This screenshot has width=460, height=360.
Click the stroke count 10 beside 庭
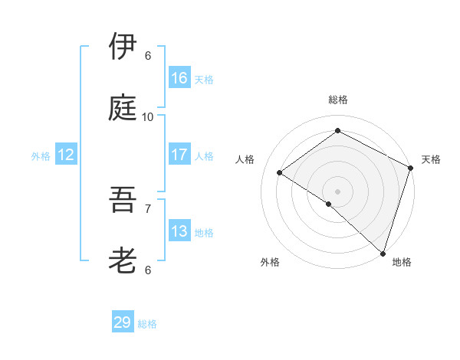click(x=148, y=116)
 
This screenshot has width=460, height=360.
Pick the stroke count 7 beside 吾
click(x=148, y=208)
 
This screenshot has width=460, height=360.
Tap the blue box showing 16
click(x=179, y=78)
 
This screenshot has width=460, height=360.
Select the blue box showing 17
click(x=179, y=155)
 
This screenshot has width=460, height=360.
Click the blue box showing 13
click(x=179, y=231)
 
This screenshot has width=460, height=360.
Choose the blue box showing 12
click(x=65, y=155)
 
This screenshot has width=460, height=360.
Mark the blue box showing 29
click(x=123, y=322)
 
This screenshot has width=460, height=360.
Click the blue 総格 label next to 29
click(x=147, y=324)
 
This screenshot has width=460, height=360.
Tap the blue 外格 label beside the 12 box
click(x=41, y=156)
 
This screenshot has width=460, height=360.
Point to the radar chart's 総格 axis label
click(x=338, y=100)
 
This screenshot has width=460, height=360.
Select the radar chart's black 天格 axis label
click(x=431, y=159)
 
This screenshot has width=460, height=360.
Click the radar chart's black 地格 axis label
click(x=402, y=262)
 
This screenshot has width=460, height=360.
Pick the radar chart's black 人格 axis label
click(x=245, y=159)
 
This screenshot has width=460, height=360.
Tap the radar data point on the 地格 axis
click(x=383, y=253)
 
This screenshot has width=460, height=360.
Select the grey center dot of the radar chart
click(x=337, y=191)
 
